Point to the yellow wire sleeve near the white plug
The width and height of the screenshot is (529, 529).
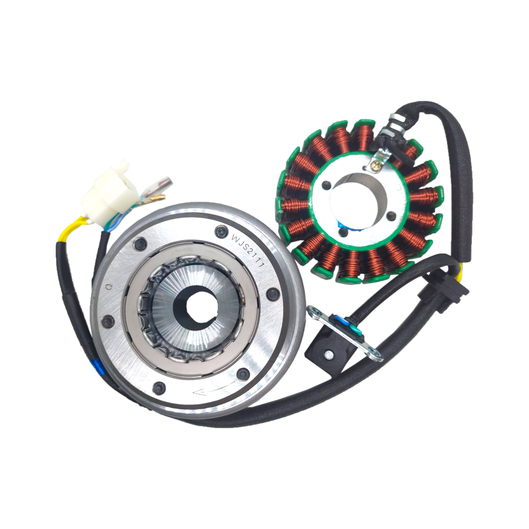(x=71, y=227)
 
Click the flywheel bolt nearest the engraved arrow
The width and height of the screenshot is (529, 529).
(x=243, y=375)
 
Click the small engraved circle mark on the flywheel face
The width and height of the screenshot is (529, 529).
(x=109, y=287)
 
